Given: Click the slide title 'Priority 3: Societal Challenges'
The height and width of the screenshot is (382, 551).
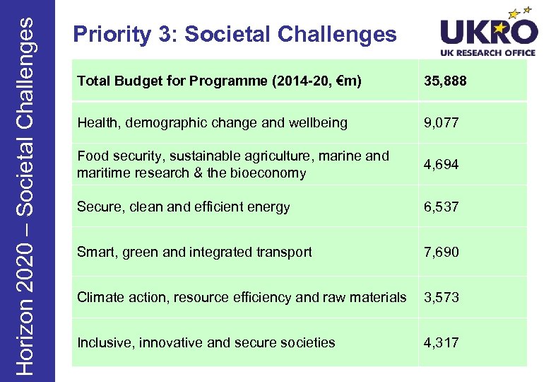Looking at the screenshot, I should (235, 34).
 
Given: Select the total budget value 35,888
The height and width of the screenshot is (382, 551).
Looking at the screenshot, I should (445, 81).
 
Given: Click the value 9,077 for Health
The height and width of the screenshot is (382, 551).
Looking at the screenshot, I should (441, 123).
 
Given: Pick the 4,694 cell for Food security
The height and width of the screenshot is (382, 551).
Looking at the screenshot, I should (441, 165).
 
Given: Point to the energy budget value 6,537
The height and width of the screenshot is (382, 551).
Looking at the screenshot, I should (441, 207).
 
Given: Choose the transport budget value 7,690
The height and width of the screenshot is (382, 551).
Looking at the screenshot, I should (441, 253).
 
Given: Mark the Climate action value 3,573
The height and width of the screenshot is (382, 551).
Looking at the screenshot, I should (441, 298).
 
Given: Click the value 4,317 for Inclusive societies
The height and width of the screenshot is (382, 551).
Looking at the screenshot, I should (441, 343).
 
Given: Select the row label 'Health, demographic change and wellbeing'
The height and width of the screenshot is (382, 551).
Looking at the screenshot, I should (212, 123).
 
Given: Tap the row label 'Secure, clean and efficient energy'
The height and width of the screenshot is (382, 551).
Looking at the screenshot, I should (183, 207).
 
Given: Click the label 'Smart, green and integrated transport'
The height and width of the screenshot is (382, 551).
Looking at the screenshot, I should (194, 253).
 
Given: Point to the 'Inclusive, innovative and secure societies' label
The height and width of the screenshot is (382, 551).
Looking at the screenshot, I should (206, 343).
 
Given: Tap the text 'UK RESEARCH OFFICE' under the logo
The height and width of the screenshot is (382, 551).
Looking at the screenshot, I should (489, 53).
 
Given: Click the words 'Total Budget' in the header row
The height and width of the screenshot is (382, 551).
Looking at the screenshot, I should (117, 81).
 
